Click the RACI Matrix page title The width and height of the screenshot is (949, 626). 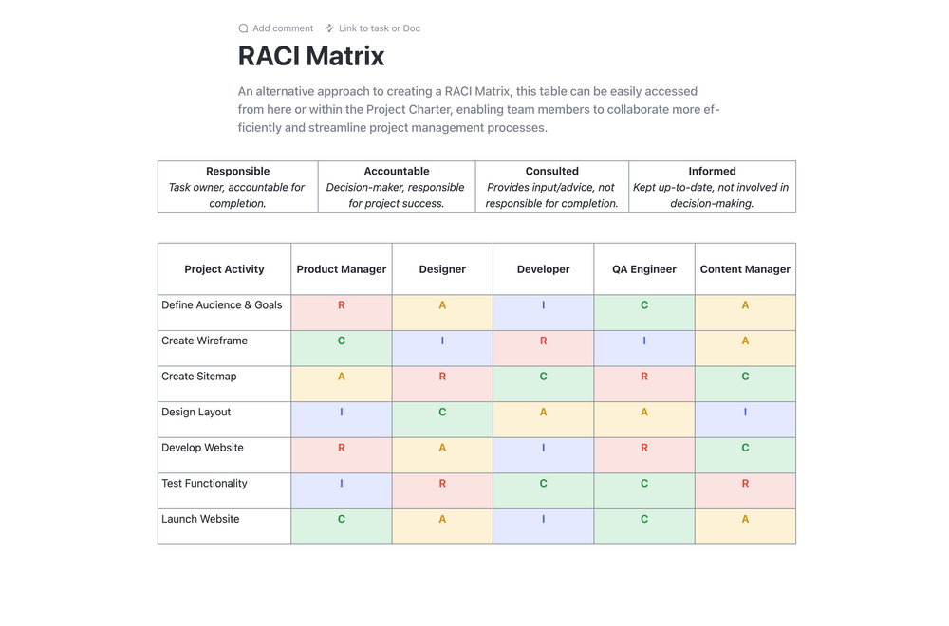pyautogui.click(x=311, y=57)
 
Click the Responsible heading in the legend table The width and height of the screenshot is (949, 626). pyautogui.click(x=237, y=172)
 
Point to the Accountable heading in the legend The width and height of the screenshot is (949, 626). pyautogui.click(x=397, y=172)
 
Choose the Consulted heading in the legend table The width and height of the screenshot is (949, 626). pyautogui.click(x=551, y=172)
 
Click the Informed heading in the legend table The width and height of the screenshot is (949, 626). pyautogui.click(x=712, y=172)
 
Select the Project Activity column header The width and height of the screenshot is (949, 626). pyautogui.click(x=224, y=269)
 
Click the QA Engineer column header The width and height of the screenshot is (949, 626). pyautogui.click(x=644, y=269)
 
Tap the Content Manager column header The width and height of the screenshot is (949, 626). pyautogui.click(x=745, y=269)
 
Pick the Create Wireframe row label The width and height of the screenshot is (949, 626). pyautogui.click(x=204, y=341)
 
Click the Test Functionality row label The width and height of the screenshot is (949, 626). pyautogui.click(x=204, y=484)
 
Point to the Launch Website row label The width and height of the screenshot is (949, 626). pyautogui.click(x=200, y=519)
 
